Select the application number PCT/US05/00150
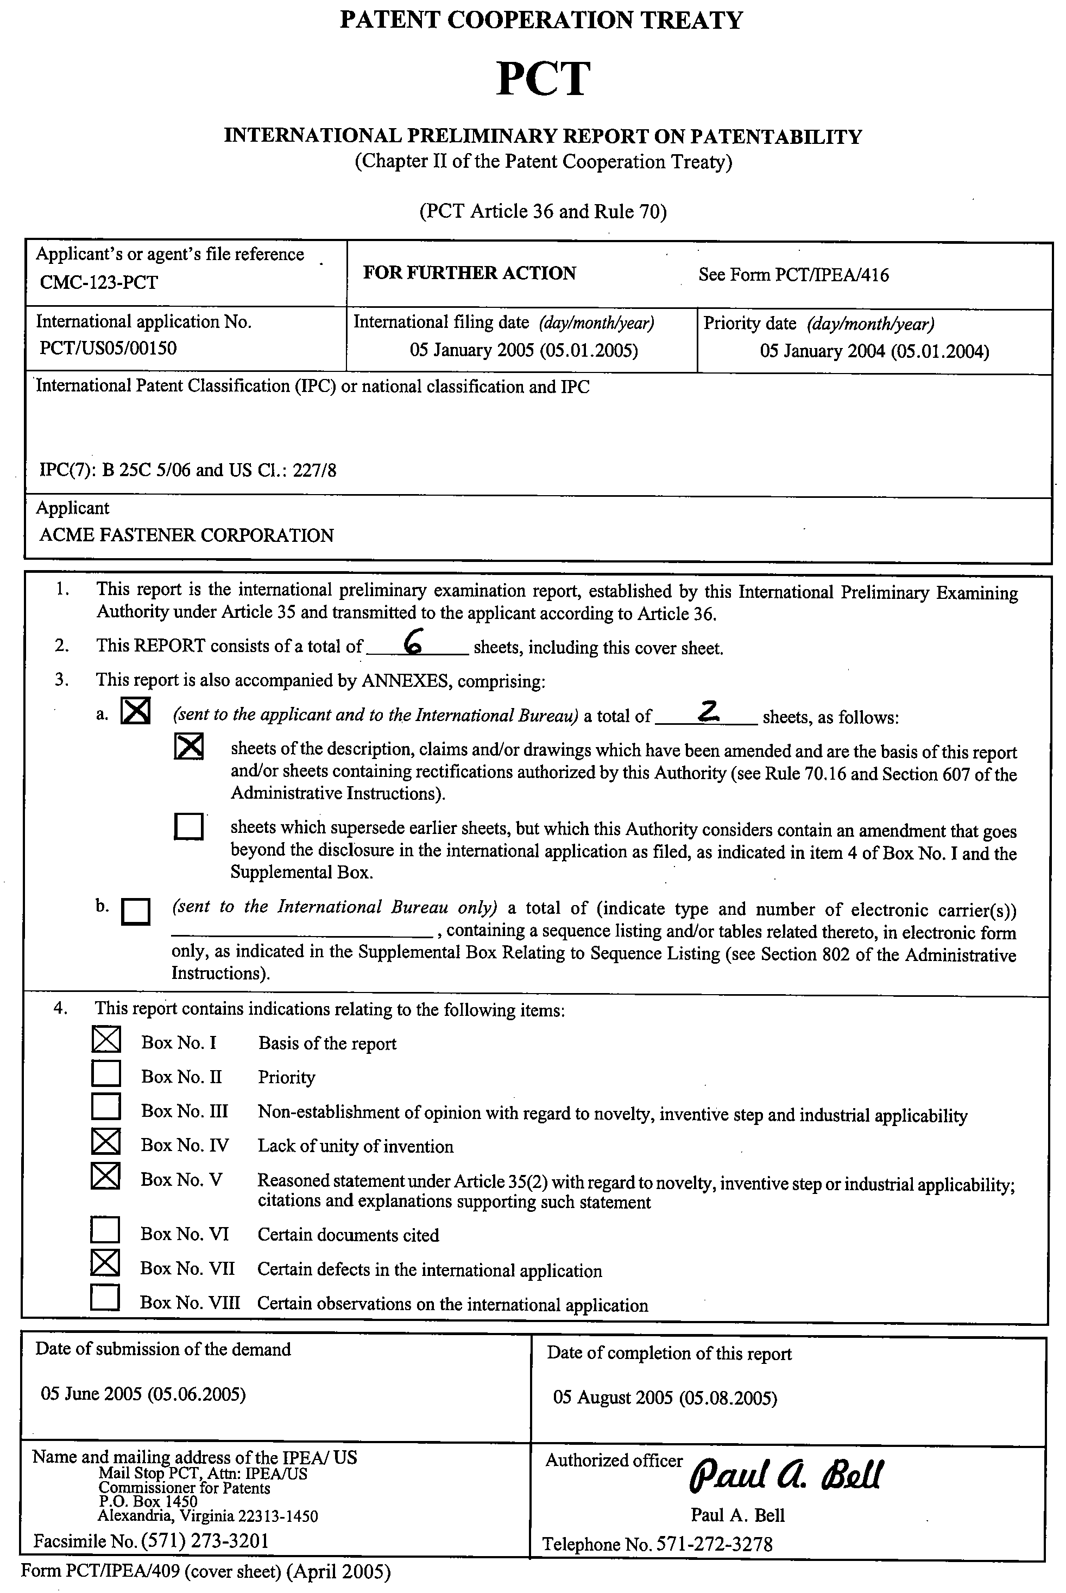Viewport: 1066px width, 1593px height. point(108,348)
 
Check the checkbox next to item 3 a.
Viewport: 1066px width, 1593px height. point(135,712)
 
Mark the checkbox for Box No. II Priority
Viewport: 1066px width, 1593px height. point(105,1074)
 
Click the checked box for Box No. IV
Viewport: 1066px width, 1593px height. point(105,1142)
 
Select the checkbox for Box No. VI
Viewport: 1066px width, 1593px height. point(105,1229)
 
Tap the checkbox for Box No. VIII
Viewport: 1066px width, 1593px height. point(105,1297)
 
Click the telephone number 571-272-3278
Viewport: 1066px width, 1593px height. point(714,1545)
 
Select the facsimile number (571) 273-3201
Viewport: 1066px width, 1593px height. point(205,1541)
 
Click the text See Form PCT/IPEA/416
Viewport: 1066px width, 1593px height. point(793,275)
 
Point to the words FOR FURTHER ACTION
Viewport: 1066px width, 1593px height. point(469,273)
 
